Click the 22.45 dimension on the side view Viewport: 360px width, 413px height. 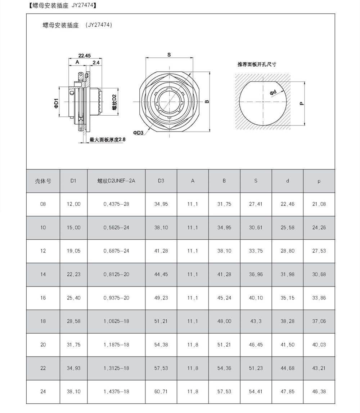pos(84,55)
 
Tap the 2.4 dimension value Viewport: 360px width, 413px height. pos(96,62)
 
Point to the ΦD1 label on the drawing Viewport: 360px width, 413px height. pos(56,103)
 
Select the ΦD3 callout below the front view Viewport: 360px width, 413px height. pos(138,132)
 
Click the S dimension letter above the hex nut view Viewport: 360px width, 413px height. pos(169,55)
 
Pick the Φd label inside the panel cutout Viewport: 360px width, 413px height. pos(273,92)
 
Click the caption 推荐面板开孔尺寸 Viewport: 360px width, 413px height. pos(257,64)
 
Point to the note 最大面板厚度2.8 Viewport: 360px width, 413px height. pos(107,139)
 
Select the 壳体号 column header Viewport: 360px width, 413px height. pos(43,181)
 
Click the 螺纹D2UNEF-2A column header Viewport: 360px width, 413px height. pos(116,181)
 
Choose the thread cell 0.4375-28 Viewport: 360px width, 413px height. pos(116,204)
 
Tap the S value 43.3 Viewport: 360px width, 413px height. pos(256,321)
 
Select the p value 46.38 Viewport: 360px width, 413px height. pos(319,391)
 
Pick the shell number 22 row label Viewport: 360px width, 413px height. pos(43,368)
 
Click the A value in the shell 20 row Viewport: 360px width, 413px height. pos(193,345)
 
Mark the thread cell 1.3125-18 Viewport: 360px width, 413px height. pos(116,368)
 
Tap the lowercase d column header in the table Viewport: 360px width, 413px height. pos(287,181)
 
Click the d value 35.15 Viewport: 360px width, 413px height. pos(287,298)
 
